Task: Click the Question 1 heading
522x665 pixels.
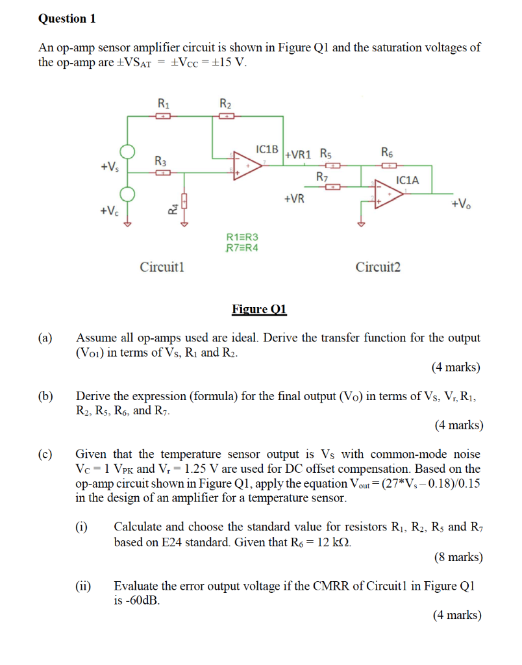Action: [67, 19]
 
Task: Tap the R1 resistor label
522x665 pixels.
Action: [164, 103]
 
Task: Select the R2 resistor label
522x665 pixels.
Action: [225, 103]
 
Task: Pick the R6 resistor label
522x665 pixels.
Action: [388, 153]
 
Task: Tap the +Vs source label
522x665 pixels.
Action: [109, 167]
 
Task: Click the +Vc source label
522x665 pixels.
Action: [109, 211]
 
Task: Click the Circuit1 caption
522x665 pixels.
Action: [162, 266]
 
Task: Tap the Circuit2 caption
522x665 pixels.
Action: [378, 266]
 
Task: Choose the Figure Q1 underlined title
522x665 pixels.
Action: [260, 308]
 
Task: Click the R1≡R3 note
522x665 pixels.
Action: [241, 238]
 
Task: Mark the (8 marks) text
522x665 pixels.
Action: [458, 557]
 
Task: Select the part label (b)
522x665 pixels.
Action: [45, 395]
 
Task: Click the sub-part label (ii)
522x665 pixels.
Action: [83, 585]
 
